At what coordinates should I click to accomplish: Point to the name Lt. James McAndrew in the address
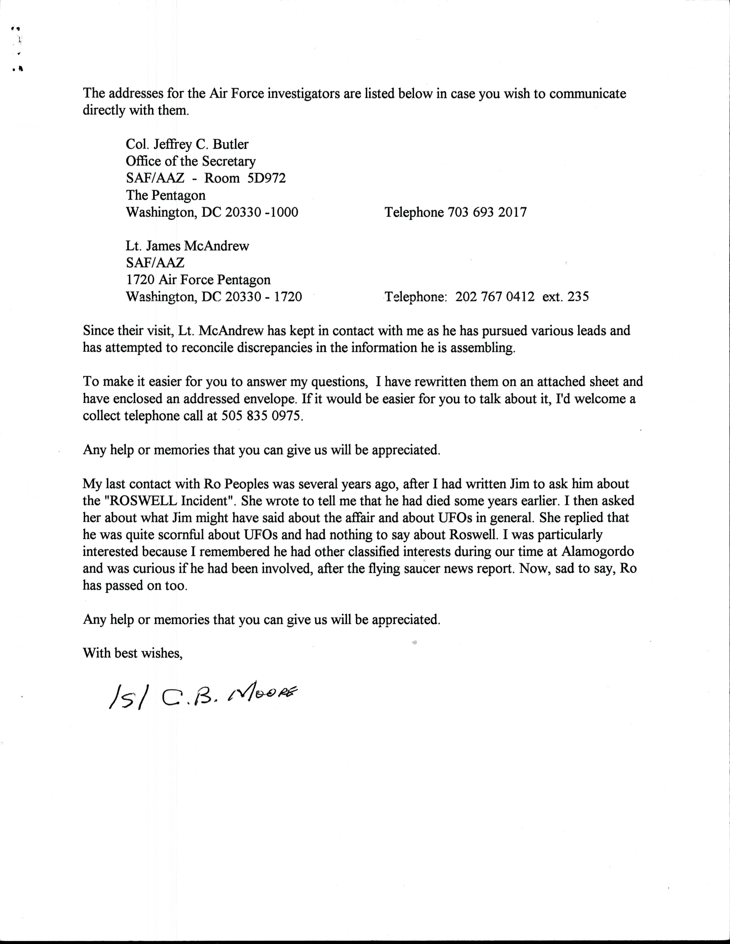(x=187, y=246)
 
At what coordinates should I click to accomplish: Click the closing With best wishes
(x=133, y=653)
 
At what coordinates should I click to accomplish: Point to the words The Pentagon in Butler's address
(x=166, y=195)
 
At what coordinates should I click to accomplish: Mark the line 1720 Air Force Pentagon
(x=198, y=280)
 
